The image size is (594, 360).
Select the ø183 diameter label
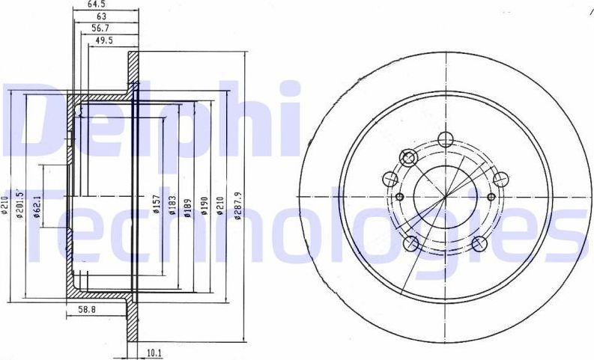point(173,205)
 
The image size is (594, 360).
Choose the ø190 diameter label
point(202,205)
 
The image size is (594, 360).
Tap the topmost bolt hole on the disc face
point(445,138)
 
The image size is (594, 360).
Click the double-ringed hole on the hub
point(409,157)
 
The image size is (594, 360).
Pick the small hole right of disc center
point(491,197)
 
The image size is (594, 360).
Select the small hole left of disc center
point(399,197)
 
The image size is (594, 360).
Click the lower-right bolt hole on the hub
point(481,242)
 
